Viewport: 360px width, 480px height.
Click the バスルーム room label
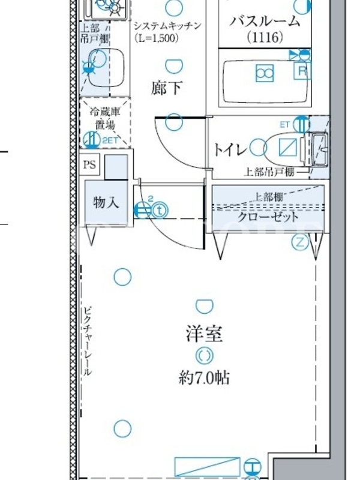tap(265, 21)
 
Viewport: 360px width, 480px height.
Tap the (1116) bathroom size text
tap(265, 37)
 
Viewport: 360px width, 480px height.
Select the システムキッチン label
tap(167, 25)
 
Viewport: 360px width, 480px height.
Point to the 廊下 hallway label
tap(167, 88)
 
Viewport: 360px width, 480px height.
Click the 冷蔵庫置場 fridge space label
tap(105, 118)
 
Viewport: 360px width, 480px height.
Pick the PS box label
tap(89, 164)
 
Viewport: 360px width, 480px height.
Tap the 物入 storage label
tap(106, 202)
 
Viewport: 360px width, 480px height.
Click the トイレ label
tap(230, 149)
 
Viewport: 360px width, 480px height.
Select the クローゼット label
tap(268, 217)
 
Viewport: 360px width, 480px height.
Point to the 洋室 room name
tap(204, 334)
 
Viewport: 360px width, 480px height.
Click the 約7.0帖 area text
tap(204, 377)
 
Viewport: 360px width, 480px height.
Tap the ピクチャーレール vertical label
tap(88, 341)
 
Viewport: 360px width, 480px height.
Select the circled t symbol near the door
tap(160, 211)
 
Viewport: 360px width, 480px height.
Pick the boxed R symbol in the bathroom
tap(302, 71)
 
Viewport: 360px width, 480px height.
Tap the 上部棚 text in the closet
tap(269, 197)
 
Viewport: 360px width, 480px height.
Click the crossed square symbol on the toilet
tap(288, 147)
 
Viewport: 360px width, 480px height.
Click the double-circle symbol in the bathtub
tap(265, 73)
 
